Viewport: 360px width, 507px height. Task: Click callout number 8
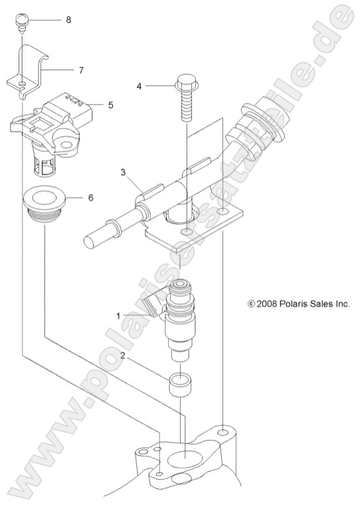68,21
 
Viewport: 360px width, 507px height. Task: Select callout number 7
81,68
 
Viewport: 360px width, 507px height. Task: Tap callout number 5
110,105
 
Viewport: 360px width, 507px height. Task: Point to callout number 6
90,198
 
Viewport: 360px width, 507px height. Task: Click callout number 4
139,86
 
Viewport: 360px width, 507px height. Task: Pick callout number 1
119,317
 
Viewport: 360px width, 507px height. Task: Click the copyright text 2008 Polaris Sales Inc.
298,304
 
